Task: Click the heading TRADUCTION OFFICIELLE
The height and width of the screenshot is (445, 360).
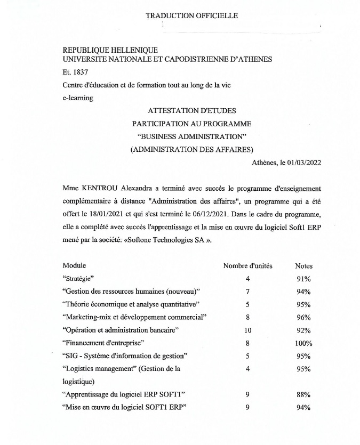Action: [191, 15]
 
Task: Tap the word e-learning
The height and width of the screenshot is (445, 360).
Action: [78, 98]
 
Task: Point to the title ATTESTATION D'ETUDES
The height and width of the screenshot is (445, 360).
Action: [191, 111]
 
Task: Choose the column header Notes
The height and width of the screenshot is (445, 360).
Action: [303, 266]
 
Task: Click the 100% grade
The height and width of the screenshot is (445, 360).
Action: [303, 343]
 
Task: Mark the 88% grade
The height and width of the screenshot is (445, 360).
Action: [303, 395]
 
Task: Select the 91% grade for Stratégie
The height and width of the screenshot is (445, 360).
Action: [303, 279]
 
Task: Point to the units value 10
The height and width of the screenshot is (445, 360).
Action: [247, 330]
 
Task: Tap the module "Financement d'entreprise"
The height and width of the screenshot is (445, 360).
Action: [105, 343]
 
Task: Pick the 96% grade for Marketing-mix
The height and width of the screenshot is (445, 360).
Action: [303, 318]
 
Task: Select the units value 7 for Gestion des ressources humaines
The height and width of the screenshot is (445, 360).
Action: [247, 292]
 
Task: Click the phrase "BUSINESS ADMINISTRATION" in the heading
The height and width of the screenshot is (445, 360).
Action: [191, 136]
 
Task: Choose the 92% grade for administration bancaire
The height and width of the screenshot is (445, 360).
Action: [303, 330]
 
